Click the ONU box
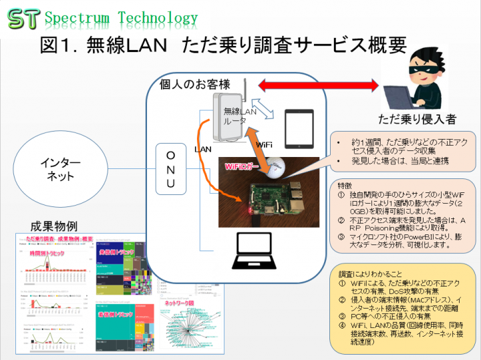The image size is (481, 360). coord(170,170)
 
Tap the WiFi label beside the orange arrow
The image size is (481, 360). coord(264,144)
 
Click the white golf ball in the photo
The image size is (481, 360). coord(278,166)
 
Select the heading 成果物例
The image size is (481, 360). coord(54,225)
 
